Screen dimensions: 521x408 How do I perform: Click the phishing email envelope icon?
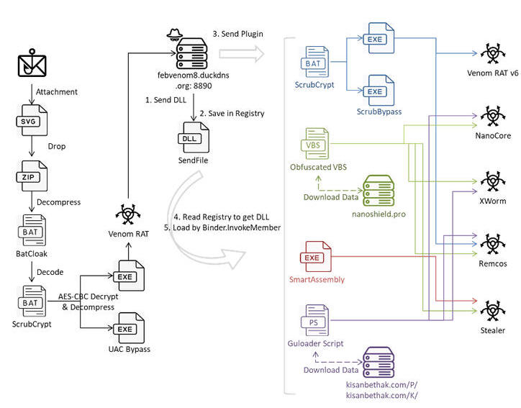tap(32, 63)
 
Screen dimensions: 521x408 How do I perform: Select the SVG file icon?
tap(32, 120)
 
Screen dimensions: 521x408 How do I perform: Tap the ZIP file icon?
tap(32, 176)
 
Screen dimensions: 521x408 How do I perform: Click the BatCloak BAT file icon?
tap(32, 230)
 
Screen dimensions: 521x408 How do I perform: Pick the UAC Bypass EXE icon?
tap(129, 328)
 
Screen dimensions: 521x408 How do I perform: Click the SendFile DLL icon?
tap(194, 137)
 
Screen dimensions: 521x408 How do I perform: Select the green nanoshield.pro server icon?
tap(379, 191)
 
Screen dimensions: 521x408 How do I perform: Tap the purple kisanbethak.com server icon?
tap(379, 362)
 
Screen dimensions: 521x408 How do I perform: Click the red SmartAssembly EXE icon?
tap(316, 256)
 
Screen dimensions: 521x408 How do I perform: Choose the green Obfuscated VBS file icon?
tap(315, 143)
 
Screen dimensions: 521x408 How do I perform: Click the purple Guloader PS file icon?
tap(315, 320)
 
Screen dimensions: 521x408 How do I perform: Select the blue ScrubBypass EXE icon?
tap(379, 91)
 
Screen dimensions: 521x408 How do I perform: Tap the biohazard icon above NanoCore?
tap(493, 116)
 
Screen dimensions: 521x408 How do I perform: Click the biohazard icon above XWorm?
tap(493, 181)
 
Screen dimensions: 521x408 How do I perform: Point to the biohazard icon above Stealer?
tap(493, 311)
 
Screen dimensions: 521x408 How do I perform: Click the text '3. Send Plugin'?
tap(238, 34)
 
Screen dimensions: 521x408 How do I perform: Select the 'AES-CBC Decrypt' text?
tap(88, 296)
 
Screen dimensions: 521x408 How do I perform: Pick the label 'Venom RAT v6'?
tap(493, 73)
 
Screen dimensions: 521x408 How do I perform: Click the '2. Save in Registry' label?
tap(232, 114)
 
